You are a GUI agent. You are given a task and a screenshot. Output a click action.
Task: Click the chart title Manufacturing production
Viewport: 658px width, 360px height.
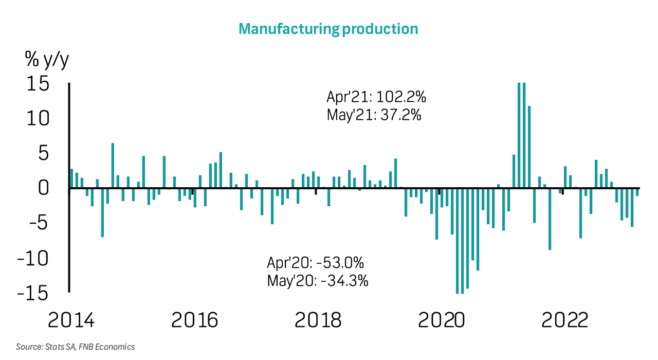point(328,29)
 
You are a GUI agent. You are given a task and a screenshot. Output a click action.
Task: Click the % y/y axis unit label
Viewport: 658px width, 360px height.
point(47,60)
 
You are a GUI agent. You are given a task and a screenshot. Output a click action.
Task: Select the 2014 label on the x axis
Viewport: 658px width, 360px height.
point(71,320)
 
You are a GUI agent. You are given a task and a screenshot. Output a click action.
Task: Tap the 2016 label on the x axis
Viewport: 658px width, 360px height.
point(194,320)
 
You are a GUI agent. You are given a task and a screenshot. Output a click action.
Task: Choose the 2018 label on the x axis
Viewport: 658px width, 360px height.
point(318,320)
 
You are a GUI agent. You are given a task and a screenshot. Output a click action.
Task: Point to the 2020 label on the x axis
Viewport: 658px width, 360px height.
point(441,320)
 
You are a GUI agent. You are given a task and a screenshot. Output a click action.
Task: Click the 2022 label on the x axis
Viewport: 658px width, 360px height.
point(564,320)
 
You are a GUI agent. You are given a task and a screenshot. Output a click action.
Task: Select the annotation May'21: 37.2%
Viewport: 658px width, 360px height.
point(374,115)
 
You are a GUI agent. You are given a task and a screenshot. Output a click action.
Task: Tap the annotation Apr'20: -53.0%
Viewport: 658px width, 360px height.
point(316,263)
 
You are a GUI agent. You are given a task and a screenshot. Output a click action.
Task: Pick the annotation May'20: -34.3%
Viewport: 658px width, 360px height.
point(318,281)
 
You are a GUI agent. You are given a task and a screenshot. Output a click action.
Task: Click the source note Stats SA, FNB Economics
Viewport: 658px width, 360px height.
point(76,347)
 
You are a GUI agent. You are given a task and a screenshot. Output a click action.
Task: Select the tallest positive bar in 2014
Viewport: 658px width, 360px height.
point(113,166)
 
